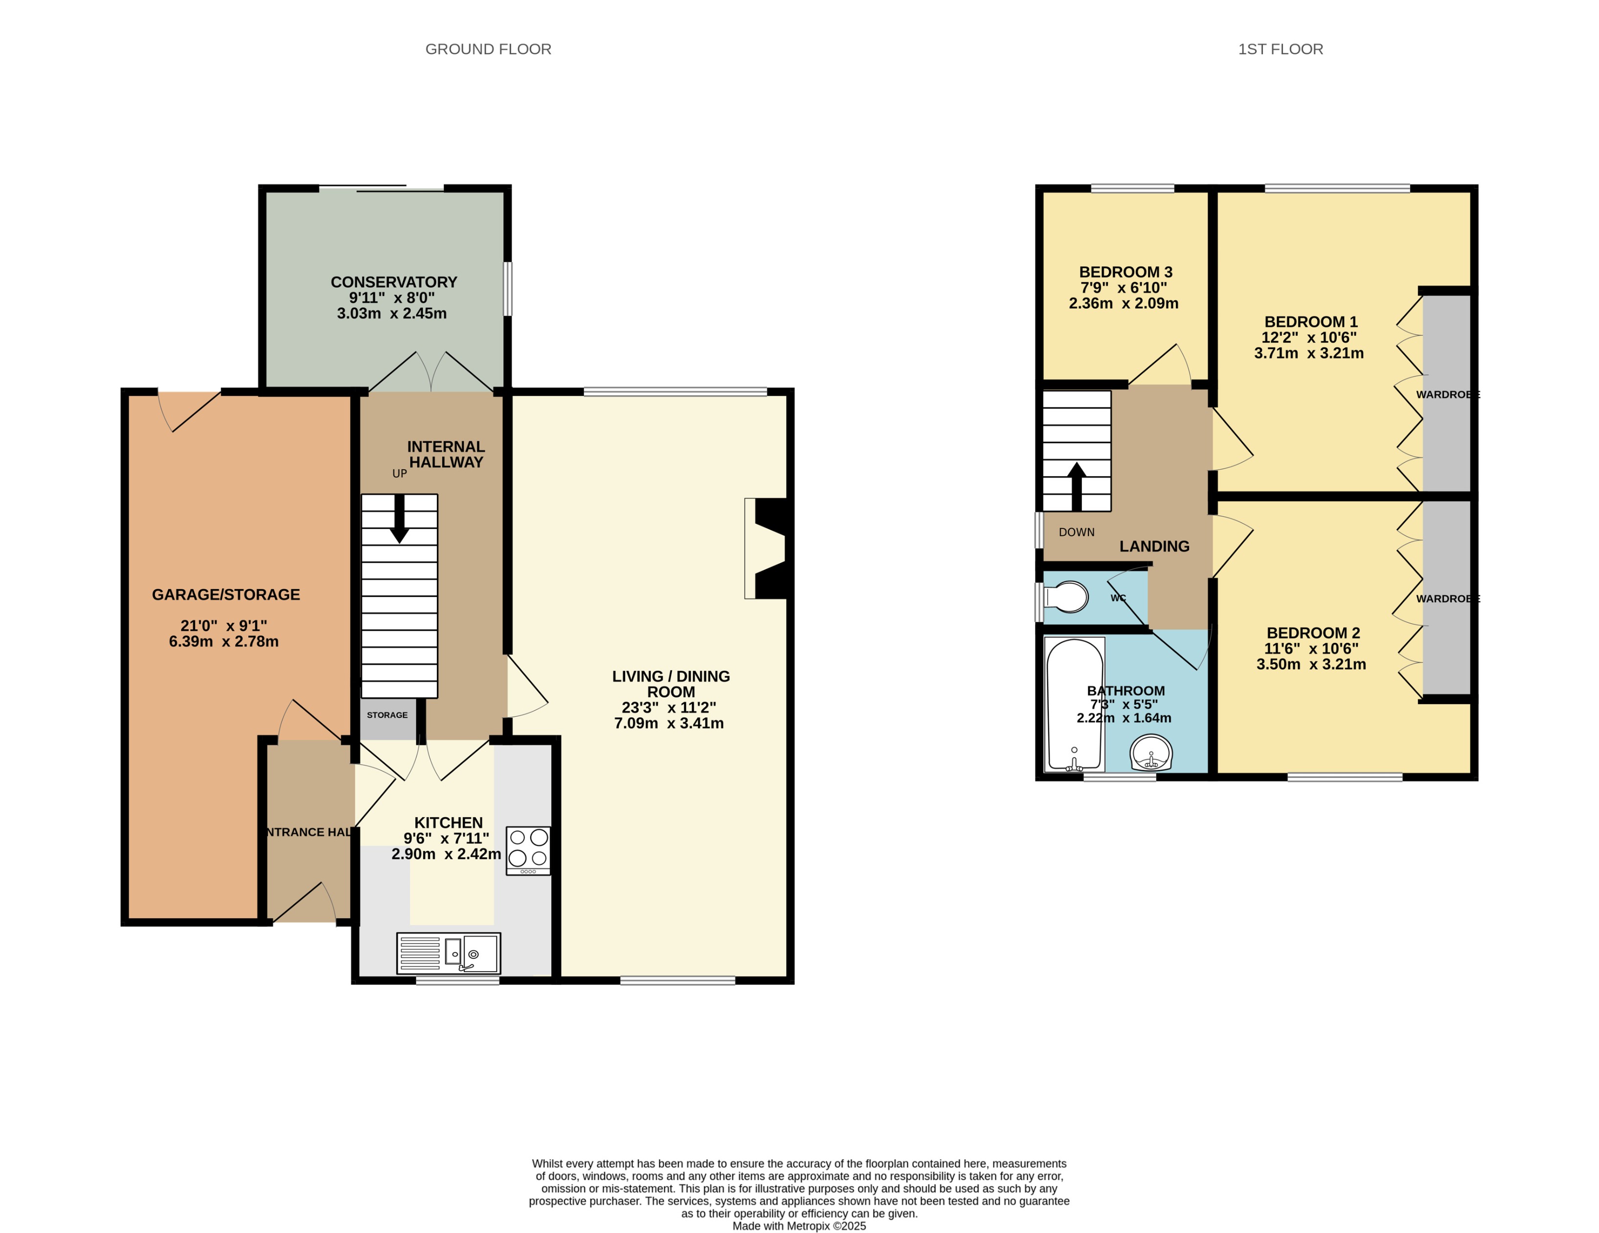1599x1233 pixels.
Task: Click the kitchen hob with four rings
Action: pyautogui.click(x=528, y=850)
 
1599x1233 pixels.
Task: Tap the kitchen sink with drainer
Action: pyautogui.click(x=448, y=953)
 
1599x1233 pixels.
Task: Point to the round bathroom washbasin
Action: pyautogui.click(x=1151, y=753)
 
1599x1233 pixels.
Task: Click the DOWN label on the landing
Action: pyautogui.click(x=1076, y=532)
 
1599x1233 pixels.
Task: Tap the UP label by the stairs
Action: pyautogui.click(x=399, y=474)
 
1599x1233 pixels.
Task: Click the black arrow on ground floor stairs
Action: pyautogui.click(x=399, y=518)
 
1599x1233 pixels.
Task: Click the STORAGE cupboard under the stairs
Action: pyautogui.click(x=387, y=715)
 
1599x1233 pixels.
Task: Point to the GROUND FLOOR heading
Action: pyautogui.click(x=488, y=49)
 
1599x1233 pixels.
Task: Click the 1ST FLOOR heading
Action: pyautogui.click(x=1280, y=49)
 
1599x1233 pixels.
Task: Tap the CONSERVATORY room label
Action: pyautogui.click(x=394, y=282)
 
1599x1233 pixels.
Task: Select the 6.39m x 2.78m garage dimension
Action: pyautogui.click(x=224, y=641)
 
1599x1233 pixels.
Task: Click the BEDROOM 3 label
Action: pyautogui.click(x=1126, y=272)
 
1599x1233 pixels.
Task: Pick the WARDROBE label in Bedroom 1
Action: pyautogui.click(x=1447, y=395)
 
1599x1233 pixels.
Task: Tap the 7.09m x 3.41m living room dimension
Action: pyautogui.click(x=669, y=723)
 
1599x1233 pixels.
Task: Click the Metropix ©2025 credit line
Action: pyautogui.click(x=799, y=1226)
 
